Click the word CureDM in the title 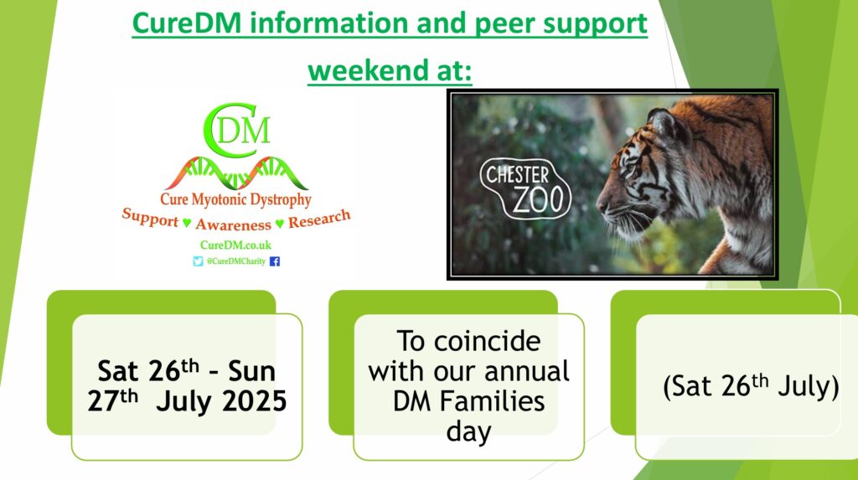(187, 23)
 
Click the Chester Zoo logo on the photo (525, 188)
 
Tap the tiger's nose (602, 205)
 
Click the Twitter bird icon (198, 261)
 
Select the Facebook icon (275, 261)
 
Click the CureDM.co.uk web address (235, 245)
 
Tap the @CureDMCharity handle (235, 261)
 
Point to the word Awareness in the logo (234, 225)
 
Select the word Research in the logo (319, 219)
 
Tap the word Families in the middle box (493, 401)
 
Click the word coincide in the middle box (488, 342)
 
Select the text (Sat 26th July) (751, 385)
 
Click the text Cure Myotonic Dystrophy (235, 199)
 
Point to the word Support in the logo (150, 217)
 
